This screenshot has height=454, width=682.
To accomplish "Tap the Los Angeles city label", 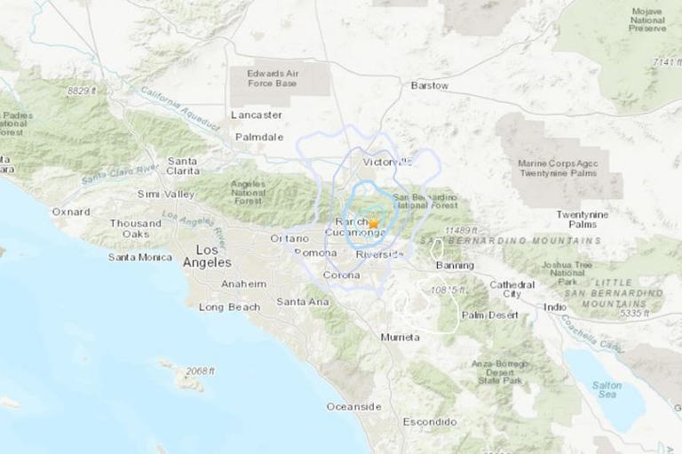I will tap(206, 256).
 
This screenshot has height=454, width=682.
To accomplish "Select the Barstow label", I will tap(429, 85).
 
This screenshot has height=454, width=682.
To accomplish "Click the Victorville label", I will tap(388, 163).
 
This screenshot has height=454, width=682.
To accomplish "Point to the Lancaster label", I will tap(256, 115).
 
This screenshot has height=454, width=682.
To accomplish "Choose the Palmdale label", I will tap(258, 137).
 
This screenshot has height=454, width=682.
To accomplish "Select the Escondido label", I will tap(428, 420).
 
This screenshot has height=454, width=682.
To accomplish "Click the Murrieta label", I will tap(400, 339).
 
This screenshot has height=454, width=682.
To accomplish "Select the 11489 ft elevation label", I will tap(462, 230).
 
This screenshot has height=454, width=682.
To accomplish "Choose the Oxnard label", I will tap(71, 212).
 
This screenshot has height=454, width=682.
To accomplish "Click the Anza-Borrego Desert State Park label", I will tap(502, 371).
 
